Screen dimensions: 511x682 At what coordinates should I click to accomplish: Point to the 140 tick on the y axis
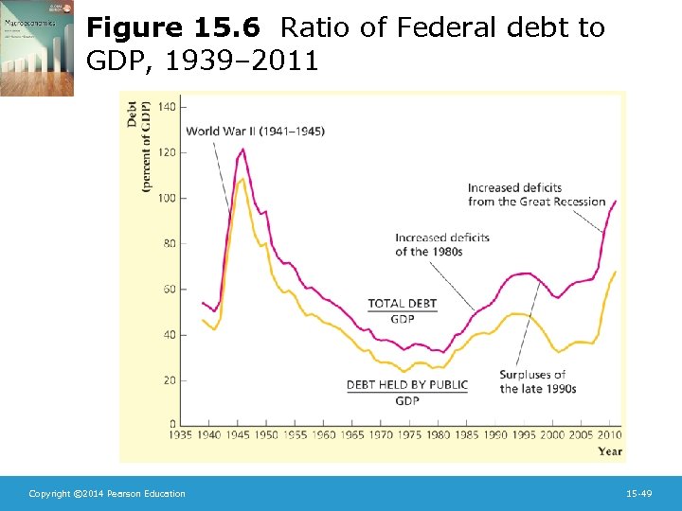pyautogui.click(x=167, y=107)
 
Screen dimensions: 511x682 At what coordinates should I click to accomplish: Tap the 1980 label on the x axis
pyautogui.click(x=437, y=435)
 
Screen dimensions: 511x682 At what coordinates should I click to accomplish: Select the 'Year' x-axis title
pyautogui.click(x=609, y=451)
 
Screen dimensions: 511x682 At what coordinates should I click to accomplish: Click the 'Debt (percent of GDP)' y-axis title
pyautogui.click(x=138, y=147)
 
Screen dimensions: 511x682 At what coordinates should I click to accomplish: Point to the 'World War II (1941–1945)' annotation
pyautogui.click(x=255, y=131)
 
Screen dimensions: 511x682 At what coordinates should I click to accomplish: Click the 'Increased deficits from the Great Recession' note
pyautogui.click(x=536, y=195)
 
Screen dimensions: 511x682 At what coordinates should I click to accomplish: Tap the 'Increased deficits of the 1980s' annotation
pyautogui.click(x=441, y=244)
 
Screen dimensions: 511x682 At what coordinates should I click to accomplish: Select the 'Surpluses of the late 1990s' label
pyautogui.click(x=537, y=381)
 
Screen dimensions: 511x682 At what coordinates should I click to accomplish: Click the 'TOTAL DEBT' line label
pyautogui.click(x=402, y=304)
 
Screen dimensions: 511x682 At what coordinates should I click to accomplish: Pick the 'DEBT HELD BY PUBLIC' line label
pyautogui.click(x=406, y=385)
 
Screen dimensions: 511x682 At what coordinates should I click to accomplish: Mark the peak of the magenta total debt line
pyautogui.click(x=243, y=149)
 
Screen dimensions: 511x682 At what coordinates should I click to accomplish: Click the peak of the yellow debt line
pyautogui.click(x=242, y=179)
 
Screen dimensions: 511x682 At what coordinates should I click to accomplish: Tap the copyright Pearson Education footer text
pyautogui.click(x=107, y=494)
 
